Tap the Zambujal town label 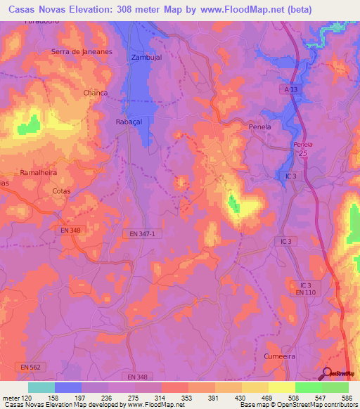[x=147, y=58]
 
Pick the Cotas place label [x=62, y=190]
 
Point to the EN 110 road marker [x=302, y=292]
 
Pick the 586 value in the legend [x=345, y=398]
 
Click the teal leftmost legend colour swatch [x=41, y=387]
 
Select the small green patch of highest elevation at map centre [x=233, y=204]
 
